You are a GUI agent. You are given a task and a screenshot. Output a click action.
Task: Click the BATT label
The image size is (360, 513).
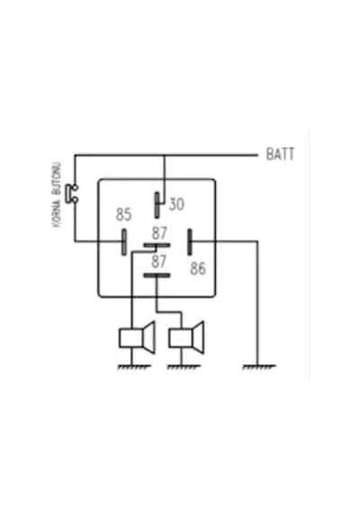(x=280, y=154)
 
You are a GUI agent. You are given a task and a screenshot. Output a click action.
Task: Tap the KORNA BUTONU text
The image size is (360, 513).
(x=57, y=194)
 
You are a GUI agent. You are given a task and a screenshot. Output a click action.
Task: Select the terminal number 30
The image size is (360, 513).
(x=176, y=204)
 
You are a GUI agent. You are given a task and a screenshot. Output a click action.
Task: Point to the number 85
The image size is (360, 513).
(x=123, y=214)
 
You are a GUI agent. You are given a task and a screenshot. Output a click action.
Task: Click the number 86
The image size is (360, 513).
(x=198, y=268)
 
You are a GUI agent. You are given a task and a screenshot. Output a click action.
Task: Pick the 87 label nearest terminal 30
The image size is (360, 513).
(x=159, y=233)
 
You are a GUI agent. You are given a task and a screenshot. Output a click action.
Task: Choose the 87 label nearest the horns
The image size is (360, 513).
(x=159, y=262)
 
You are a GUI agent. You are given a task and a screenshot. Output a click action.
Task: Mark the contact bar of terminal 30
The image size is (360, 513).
(x=157, y=205)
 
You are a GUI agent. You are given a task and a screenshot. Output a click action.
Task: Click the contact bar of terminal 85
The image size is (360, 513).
(x=124, y=242)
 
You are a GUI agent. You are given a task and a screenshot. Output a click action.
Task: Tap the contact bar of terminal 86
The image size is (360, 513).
(x=190, y=242)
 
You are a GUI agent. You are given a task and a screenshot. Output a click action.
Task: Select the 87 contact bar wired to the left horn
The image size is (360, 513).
(x=157, y=245)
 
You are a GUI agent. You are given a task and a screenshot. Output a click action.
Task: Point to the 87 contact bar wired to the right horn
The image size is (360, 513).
(x=157, y=275)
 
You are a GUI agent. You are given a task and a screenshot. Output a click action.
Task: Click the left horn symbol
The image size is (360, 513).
(x=137, y=338)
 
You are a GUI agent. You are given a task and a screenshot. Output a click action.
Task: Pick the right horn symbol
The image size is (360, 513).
(x=186, y=338)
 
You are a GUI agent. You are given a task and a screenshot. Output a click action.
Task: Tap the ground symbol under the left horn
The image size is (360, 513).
(x=134, y=367)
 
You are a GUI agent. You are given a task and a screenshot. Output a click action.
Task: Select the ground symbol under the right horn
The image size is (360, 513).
(x=184, y=367)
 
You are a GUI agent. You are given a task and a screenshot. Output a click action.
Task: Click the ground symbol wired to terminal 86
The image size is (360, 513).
(x=259, y=367)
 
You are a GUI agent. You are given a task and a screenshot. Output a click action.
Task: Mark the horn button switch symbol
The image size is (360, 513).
(x=72, y=193)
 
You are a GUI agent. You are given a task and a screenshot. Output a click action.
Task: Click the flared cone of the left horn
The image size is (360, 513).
(x=148, y=338)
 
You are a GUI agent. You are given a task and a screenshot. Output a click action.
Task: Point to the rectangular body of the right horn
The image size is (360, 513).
(x=180, y=338)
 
